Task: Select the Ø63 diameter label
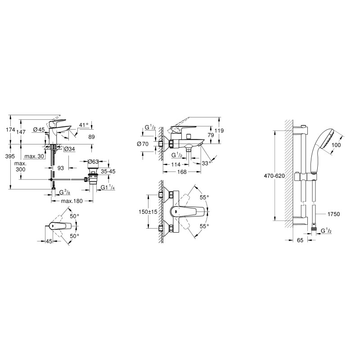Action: [94, 162]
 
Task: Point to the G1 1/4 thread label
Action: [107, 188]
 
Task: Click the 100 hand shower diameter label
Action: [336, 145]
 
